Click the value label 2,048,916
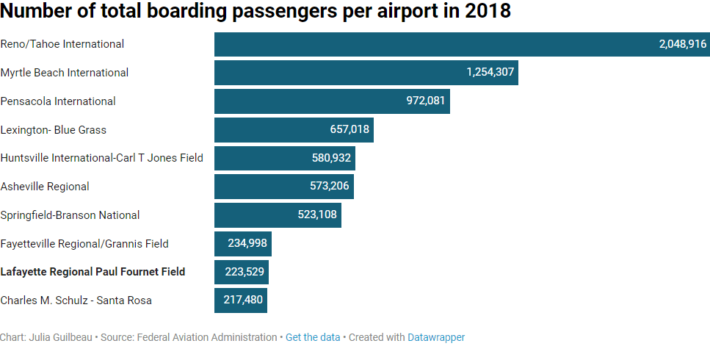[x=683, y=44]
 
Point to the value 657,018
[x=349, y=130]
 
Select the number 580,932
[x=331, y=158]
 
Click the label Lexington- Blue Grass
[x=54, y=130]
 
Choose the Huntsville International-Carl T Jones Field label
[x=102, y=158]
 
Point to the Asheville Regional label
[x=45, y=187]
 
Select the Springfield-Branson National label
[x=70, y=215]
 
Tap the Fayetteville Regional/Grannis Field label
[x=84, y=244]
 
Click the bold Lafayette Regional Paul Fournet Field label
[x=93, y=272]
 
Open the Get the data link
[x=313, y=337]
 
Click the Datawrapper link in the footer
[x=436, y=337]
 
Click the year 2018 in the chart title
[x=487, y=12]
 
